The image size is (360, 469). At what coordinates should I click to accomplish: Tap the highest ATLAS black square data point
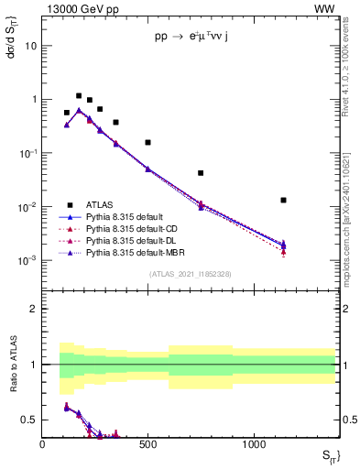click(x=79, y=95)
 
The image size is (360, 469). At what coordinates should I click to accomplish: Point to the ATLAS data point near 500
click(x=148, y=142)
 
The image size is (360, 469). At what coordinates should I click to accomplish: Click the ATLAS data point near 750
click(x=201, y=172)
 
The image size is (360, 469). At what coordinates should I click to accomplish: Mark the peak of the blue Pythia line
click(x=79, y=110)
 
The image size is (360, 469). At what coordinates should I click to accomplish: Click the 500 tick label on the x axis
click(x=148, y=445)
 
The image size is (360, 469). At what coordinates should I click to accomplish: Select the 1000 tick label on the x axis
click(x=254, y=445)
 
